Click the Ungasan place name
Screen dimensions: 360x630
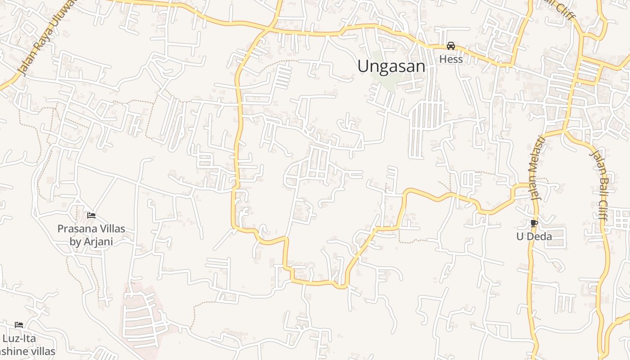pos(391,67)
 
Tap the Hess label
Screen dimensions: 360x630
pos(450,59)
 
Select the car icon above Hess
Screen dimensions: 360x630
pos(450,46)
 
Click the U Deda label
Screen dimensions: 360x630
pos(534,236)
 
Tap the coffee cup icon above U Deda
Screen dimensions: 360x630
pos(534,223)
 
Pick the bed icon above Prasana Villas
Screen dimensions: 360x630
pos(91,216)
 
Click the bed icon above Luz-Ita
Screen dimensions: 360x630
pos(18,325)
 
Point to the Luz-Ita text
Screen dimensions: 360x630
pos(19,338)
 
